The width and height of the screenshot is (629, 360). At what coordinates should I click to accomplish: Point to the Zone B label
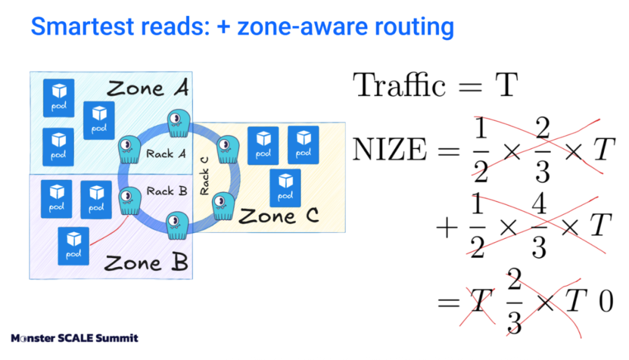click(x=146, y=264)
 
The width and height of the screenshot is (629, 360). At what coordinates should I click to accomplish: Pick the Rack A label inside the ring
click(x=166, y=154)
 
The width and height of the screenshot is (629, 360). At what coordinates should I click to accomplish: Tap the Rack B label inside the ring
click(x=166, y=192)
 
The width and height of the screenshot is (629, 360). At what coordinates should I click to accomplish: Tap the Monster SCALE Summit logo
click(x=74, y=338)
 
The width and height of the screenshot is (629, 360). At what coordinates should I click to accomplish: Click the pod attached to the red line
click(x=74, y=246)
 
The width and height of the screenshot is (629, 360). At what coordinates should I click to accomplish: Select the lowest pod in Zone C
click(x=286, y=187)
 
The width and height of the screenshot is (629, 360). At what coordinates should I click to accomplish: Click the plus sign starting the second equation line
click(x=447, y=228)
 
